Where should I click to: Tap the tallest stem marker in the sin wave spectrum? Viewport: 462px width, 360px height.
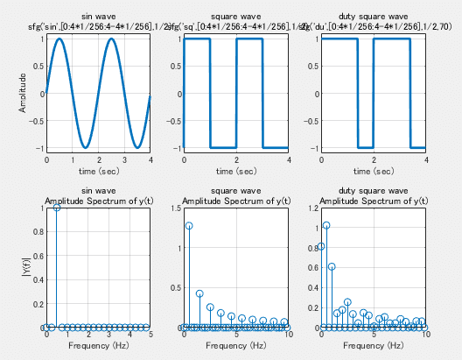[57, 208]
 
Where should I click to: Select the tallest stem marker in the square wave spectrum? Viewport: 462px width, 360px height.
[189, 226]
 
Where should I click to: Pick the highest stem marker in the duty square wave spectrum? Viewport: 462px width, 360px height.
[326, 225]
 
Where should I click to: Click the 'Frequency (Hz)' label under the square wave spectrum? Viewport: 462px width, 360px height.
[235, 346]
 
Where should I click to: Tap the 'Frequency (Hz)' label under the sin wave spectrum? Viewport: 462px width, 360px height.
[98, 346]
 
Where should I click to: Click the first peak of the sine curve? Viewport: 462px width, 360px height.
[59, 39]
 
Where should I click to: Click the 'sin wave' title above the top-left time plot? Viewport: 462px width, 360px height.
[98, 17]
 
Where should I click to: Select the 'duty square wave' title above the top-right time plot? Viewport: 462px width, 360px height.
[374, 17]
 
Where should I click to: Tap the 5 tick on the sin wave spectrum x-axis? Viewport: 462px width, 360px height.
[150, 335]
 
